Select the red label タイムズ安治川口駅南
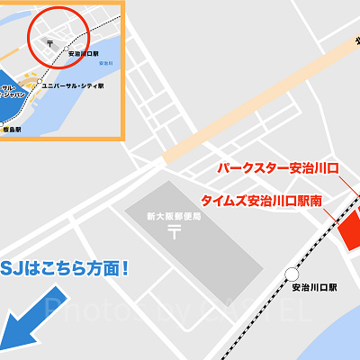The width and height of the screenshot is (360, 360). point(262,201)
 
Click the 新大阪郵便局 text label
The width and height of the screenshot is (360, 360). point(174,216)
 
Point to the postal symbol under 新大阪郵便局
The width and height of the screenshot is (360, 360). point(174,231)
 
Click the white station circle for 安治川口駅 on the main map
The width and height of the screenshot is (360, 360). point(291,274)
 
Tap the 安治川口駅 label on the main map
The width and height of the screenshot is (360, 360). point(314,288)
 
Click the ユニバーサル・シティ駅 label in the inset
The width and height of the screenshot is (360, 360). point(73,86)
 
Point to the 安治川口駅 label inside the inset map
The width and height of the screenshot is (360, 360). point(82,55)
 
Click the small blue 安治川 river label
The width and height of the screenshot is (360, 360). point(106,64)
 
